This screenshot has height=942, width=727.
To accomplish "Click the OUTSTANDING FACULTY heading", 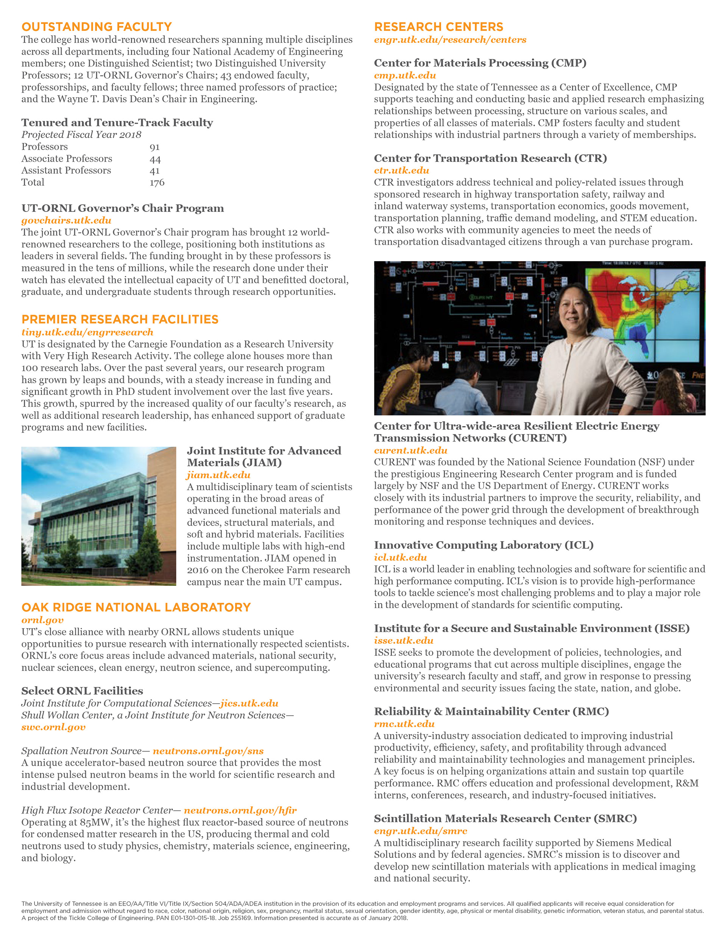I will click(x=97, y=27).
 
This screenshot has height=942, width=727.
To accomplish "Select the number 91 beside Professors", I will click(x=154, y=147).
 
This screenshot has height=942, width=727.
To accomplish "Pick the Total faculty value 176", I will click(x=157, y=182).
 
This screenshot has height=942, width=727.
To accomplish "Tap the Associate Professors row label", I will click(x=67, y=159).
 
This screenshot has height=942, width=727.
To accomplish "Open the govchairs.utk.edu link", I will click(x=66, y=220).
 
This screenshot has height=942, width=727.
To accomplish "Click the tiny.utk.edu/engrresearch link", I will click(x=87, y=332).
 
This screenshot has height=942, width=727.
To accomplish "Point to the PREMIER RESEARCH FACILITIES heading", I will click(x=120, y=319).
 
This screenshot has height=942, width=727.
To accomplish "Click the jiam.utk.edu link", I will click(x=218, y=475).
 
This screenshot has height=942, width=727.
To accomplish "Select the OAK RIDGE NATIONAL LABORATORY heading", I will click(x=136, y=607).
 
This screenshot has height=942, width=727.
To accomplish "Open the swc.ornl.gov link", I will click(x=53, y=727).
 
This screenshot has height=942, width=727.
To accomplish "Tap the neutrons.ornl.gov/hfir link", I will click(x=240, y=810).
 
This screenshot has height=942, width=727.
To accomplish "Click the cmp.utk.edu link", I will click(x=405, y=75).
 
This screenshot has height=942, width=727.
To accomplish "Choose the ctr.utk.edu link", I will click(x=401, y=170).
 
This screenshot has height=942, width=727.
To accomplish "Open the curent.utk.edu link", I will click(x=410, y=450).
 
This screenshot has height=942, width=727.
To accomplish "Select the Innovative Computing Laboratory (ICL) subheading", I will click(x=484, y=545).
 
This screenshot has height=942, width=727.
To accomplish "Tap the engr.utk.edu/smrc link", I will click(x=420, y=831).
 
